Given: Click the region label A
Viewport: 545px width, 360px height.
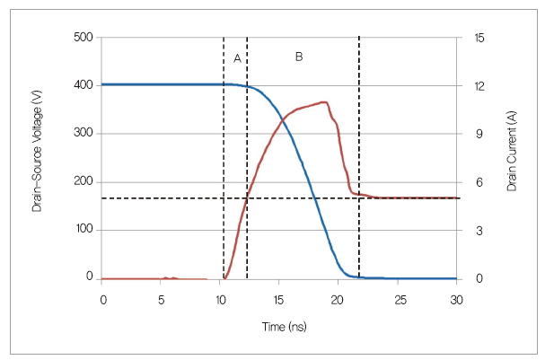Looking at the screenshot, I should click(x=237, y=58).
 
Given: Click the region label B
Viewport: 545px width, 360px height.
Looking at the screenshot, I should click(x=299, y=57).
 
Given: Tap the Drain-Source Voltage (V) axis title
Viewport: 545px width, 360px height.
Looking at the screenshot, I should click(x=38, y=157).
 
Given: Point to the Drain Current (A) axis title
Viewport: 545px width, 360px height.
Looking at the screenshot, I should click(x=512, y=157).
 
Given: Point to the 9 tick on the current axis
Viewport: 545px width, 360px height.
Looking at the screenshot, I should click(x=480, y=134).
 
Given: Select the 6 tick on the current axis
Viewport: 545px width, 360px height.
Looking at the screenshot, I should click(x=480, y=182).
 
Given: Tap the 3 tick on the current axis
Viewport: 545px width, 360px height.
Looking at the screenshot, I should click(x=480, y=230).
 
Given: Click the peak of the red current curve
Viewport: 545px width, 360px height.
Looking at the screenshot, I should click(x=323, y=102).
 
